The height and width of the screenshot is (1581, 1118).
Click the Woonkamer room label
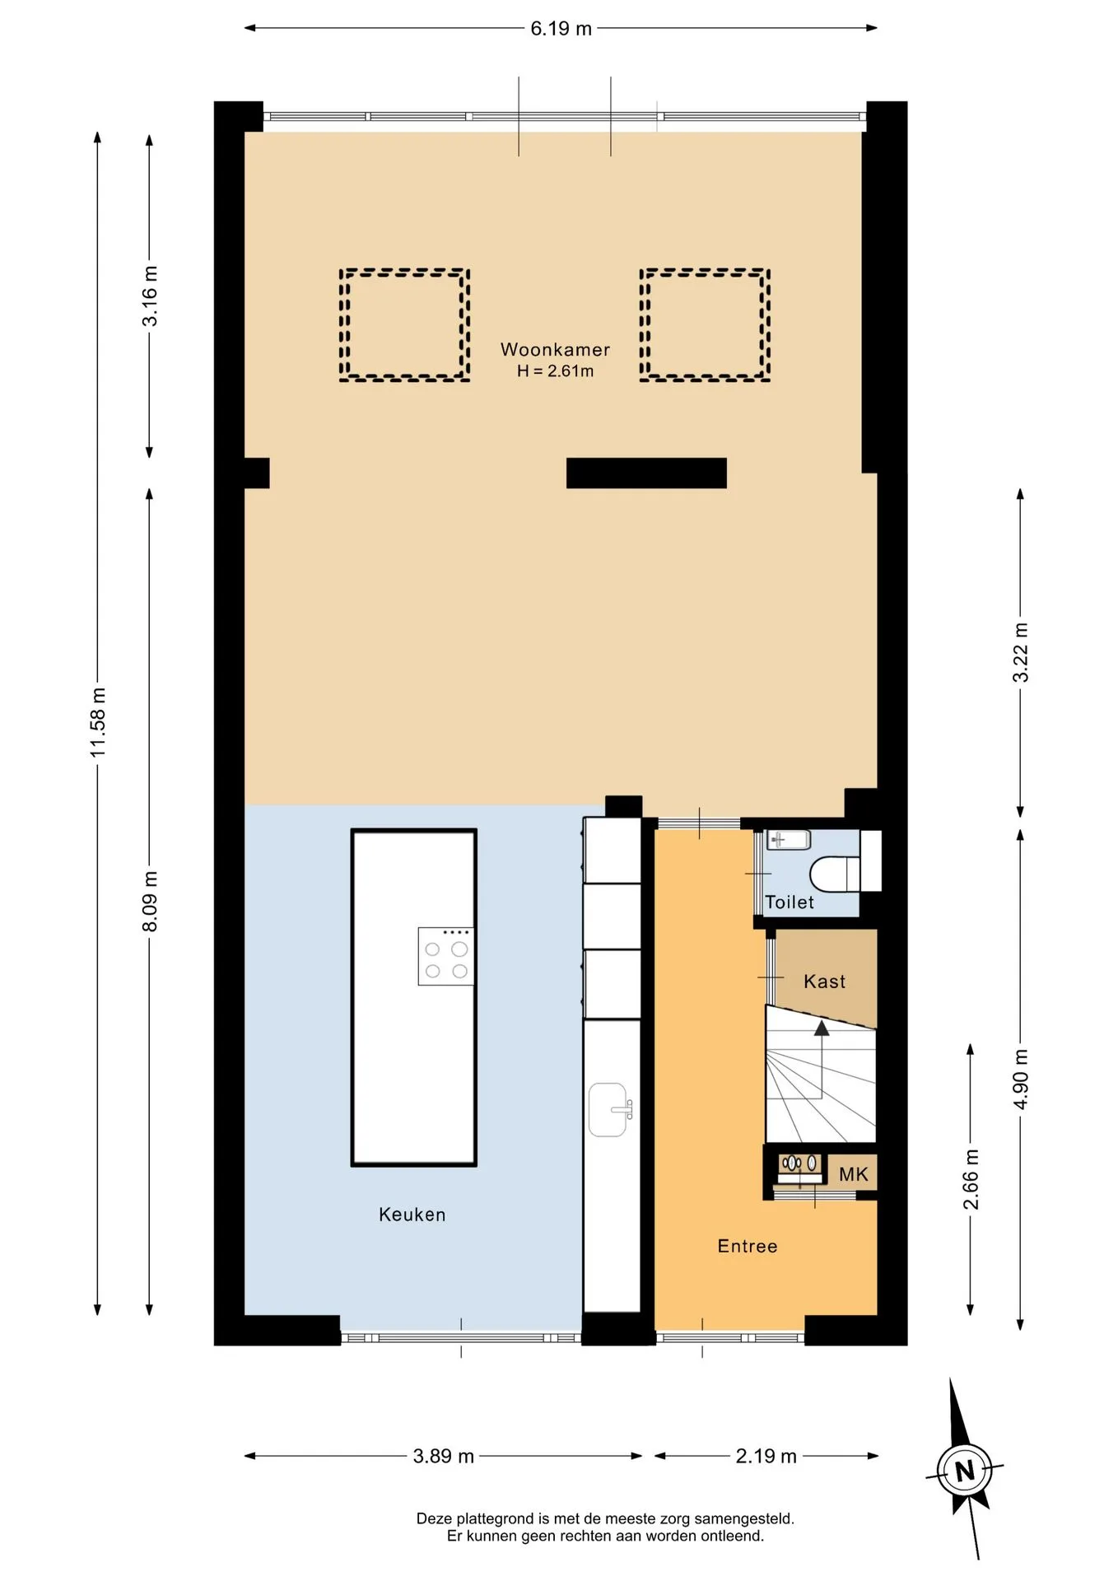point(555,349)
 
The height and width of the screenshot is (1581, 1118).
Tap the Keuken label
point(412,1215)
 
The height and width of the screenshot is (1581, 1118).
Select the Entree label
point(748,1246)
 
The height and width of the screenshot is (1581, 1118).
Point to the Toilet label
point(790,902)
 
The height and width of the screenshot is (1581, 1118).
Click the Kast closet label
point(824,982)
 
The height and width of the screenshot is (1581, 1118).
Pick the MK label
point(854,1174)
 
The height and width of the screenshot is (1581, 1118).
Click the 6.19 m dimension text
point(561,29)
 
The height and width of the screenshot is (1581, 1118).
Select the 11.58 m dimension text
point(98,722)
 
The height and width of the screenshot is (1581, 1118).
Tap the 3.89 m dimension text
point(443,1457)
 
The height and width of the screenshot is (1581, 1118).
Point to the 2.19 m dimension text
point(766,1457)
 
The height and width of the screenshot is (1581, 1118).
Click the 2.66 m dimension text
point(971,1180)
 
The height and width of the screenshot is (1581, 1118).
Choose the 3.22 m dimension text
point(1021,652)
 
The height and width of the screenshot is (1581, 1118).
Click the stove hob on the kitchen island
point(446,957)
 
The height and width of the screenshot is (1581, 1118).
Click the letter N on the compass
point(965,1471)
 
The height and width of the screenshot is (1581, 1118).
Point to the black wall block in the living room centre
point(646,473)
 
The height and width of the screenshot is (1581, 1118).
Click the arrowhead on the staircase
point(822,1028)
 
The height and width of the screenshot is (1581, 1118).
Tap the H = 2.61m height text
point(555,371)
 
